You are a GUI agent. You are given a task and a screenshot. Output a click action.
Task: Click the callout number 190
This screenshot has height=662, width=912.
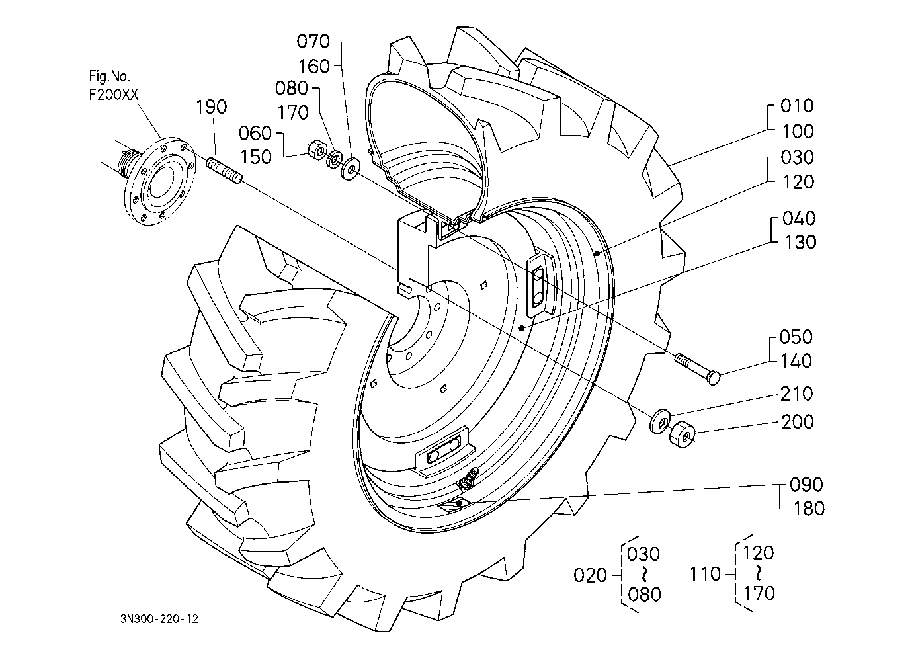click(x=212, y=107)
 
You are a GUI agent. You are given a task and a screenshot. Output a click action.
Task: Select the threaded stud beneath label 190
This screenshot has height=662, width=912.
click(x=226, y=169)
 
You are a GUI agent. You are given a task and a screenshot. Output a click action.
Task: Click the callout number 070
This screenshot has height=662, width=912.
click(x=313, y=42)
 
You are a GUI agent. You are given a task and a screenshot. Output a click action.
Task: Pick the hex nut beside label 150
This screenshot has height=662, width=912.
click(x=316, y=151)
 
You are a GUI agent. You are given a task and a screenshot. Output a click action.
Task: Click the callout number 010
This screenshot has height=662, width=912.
click(x=797, y=106)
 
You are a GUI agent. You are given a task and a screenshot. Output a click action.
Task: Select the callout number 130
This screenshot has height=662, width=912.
click(x=799, y=242)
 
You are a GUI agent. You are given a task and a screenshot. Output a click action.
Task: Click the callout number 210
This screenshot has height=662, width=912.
click(x=797, y=393)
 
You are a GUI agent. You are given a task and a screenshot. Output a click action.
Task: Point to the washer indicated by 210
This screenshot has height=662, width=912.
click(x=661, y=421)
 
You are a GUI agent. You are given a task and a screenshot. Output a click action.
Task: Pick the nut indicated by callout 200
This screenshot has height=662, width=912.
click(x=682, y=434)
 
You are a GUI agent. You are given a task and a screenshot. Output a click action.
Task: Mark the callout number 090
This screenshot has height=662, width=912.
click(x=806, y=485)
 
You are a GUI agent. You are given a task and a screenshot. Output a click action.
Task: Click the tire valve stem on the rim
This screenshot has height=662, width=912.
click(x=469, y=478)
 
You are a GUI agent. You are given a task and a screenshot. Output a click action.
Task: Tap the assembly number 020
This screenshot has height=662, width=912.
click(x=590, y=575)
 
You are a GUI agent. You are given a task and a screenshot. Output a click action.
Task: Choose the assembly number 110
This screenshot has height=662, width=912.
click(x=705, y=573)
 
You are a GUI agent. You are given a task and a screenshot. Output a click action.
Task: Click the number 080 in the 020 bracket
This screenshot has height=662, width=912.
click(x=643, y=594)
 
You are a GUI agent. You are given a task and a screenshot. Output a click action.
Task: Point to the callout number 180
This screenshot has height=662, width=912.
click(x=808, y=509)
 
